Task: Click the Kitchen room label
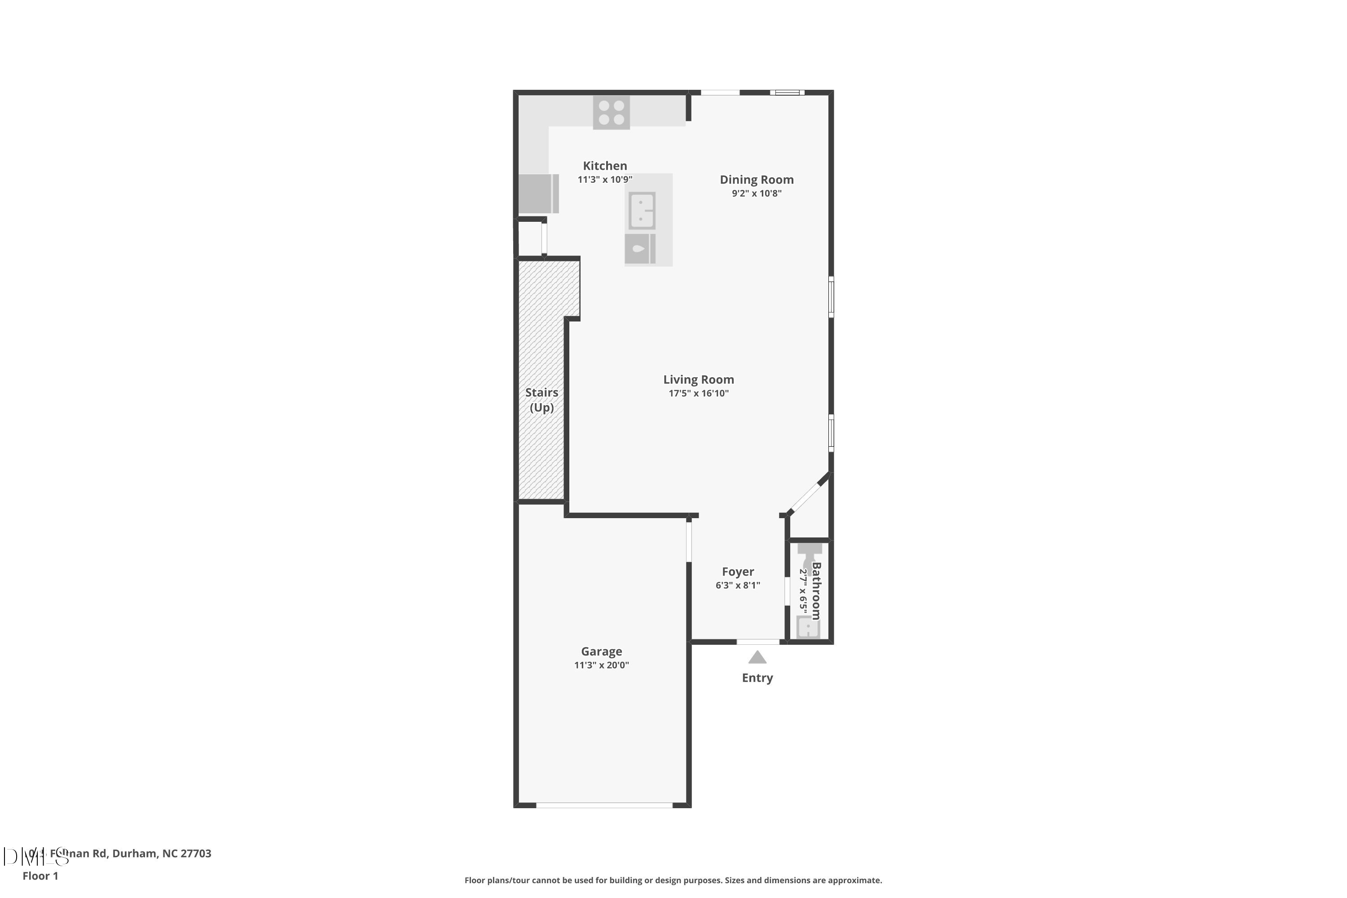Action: click(605, 166)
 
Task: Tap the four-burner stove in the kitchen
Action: click(611, 113)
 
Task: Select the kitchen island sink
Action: click(642, 210)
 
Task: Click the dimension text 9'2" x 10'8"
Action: click(756, 194)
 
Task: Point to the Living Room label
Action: click(698, 379)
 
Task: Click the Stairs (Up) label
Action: click(541, 400)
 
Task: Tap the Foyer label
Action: click(738, 572)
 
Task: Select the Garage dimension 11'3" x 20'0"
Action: click(601, 665)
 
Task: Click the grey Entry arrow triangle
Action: click(757, 657)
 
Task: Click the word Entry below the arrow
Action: click(757, 678)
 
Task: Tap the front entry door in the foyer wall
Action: click(758, 642)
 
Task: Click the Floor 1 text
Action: click(40, 876)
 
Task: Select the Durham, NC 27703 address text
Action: click(162, 854)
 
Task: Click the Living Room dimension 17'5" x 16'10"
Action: click(698, 393)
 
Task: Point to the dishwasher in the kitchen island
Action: click(640, 249)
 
